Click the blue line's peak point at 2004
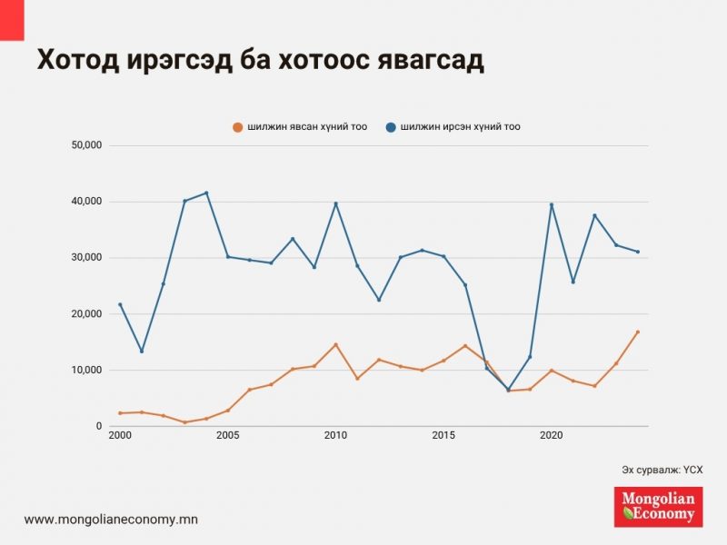pyautogui.click(x=206, y=193)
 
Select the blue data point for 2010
pyautogui.click(x=335, y=203)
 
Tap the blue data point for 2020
pyautogui.click(x=552, y=204)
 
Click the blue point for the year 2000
pyautogui.click(x=120, y=304)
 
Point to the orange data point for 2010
pyautogui.click(x=335, y=344)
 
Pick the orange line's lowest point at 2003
pyautogui.click(x=184, y=422)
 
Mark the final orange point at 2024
pyautogui.click(x=638, y=332)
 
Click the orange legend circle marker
pyautogui.click(x=238, y=127)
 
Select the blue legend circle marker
pyautogui.click(x=391, y=127)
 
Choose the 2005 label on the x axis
pyautogui.click(x=228, y=436)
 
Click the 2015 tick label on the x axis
pyautogui.click(x=443, y=436)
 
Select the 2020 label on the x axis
pyautogui.click(x=552, y=436)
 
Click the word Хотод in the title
pyautogui.click(x=75, y=59)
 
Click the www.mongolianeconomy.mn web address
pyautogui.click(x=111, y=520)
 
